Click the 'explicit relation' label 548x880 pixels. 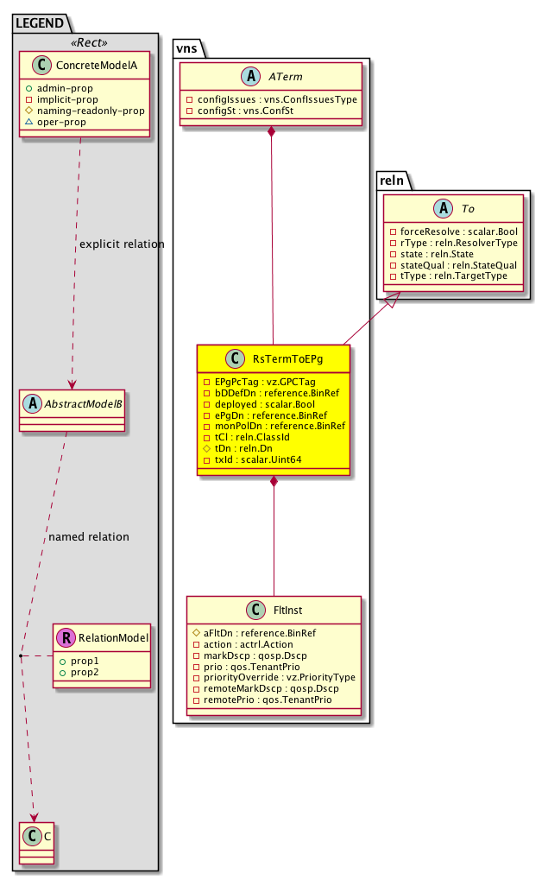(x=121, y=244)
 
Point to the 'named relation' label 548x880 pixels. (x=89, y=536)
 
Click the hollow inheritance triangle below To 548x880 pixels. (x=394, y=301)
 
